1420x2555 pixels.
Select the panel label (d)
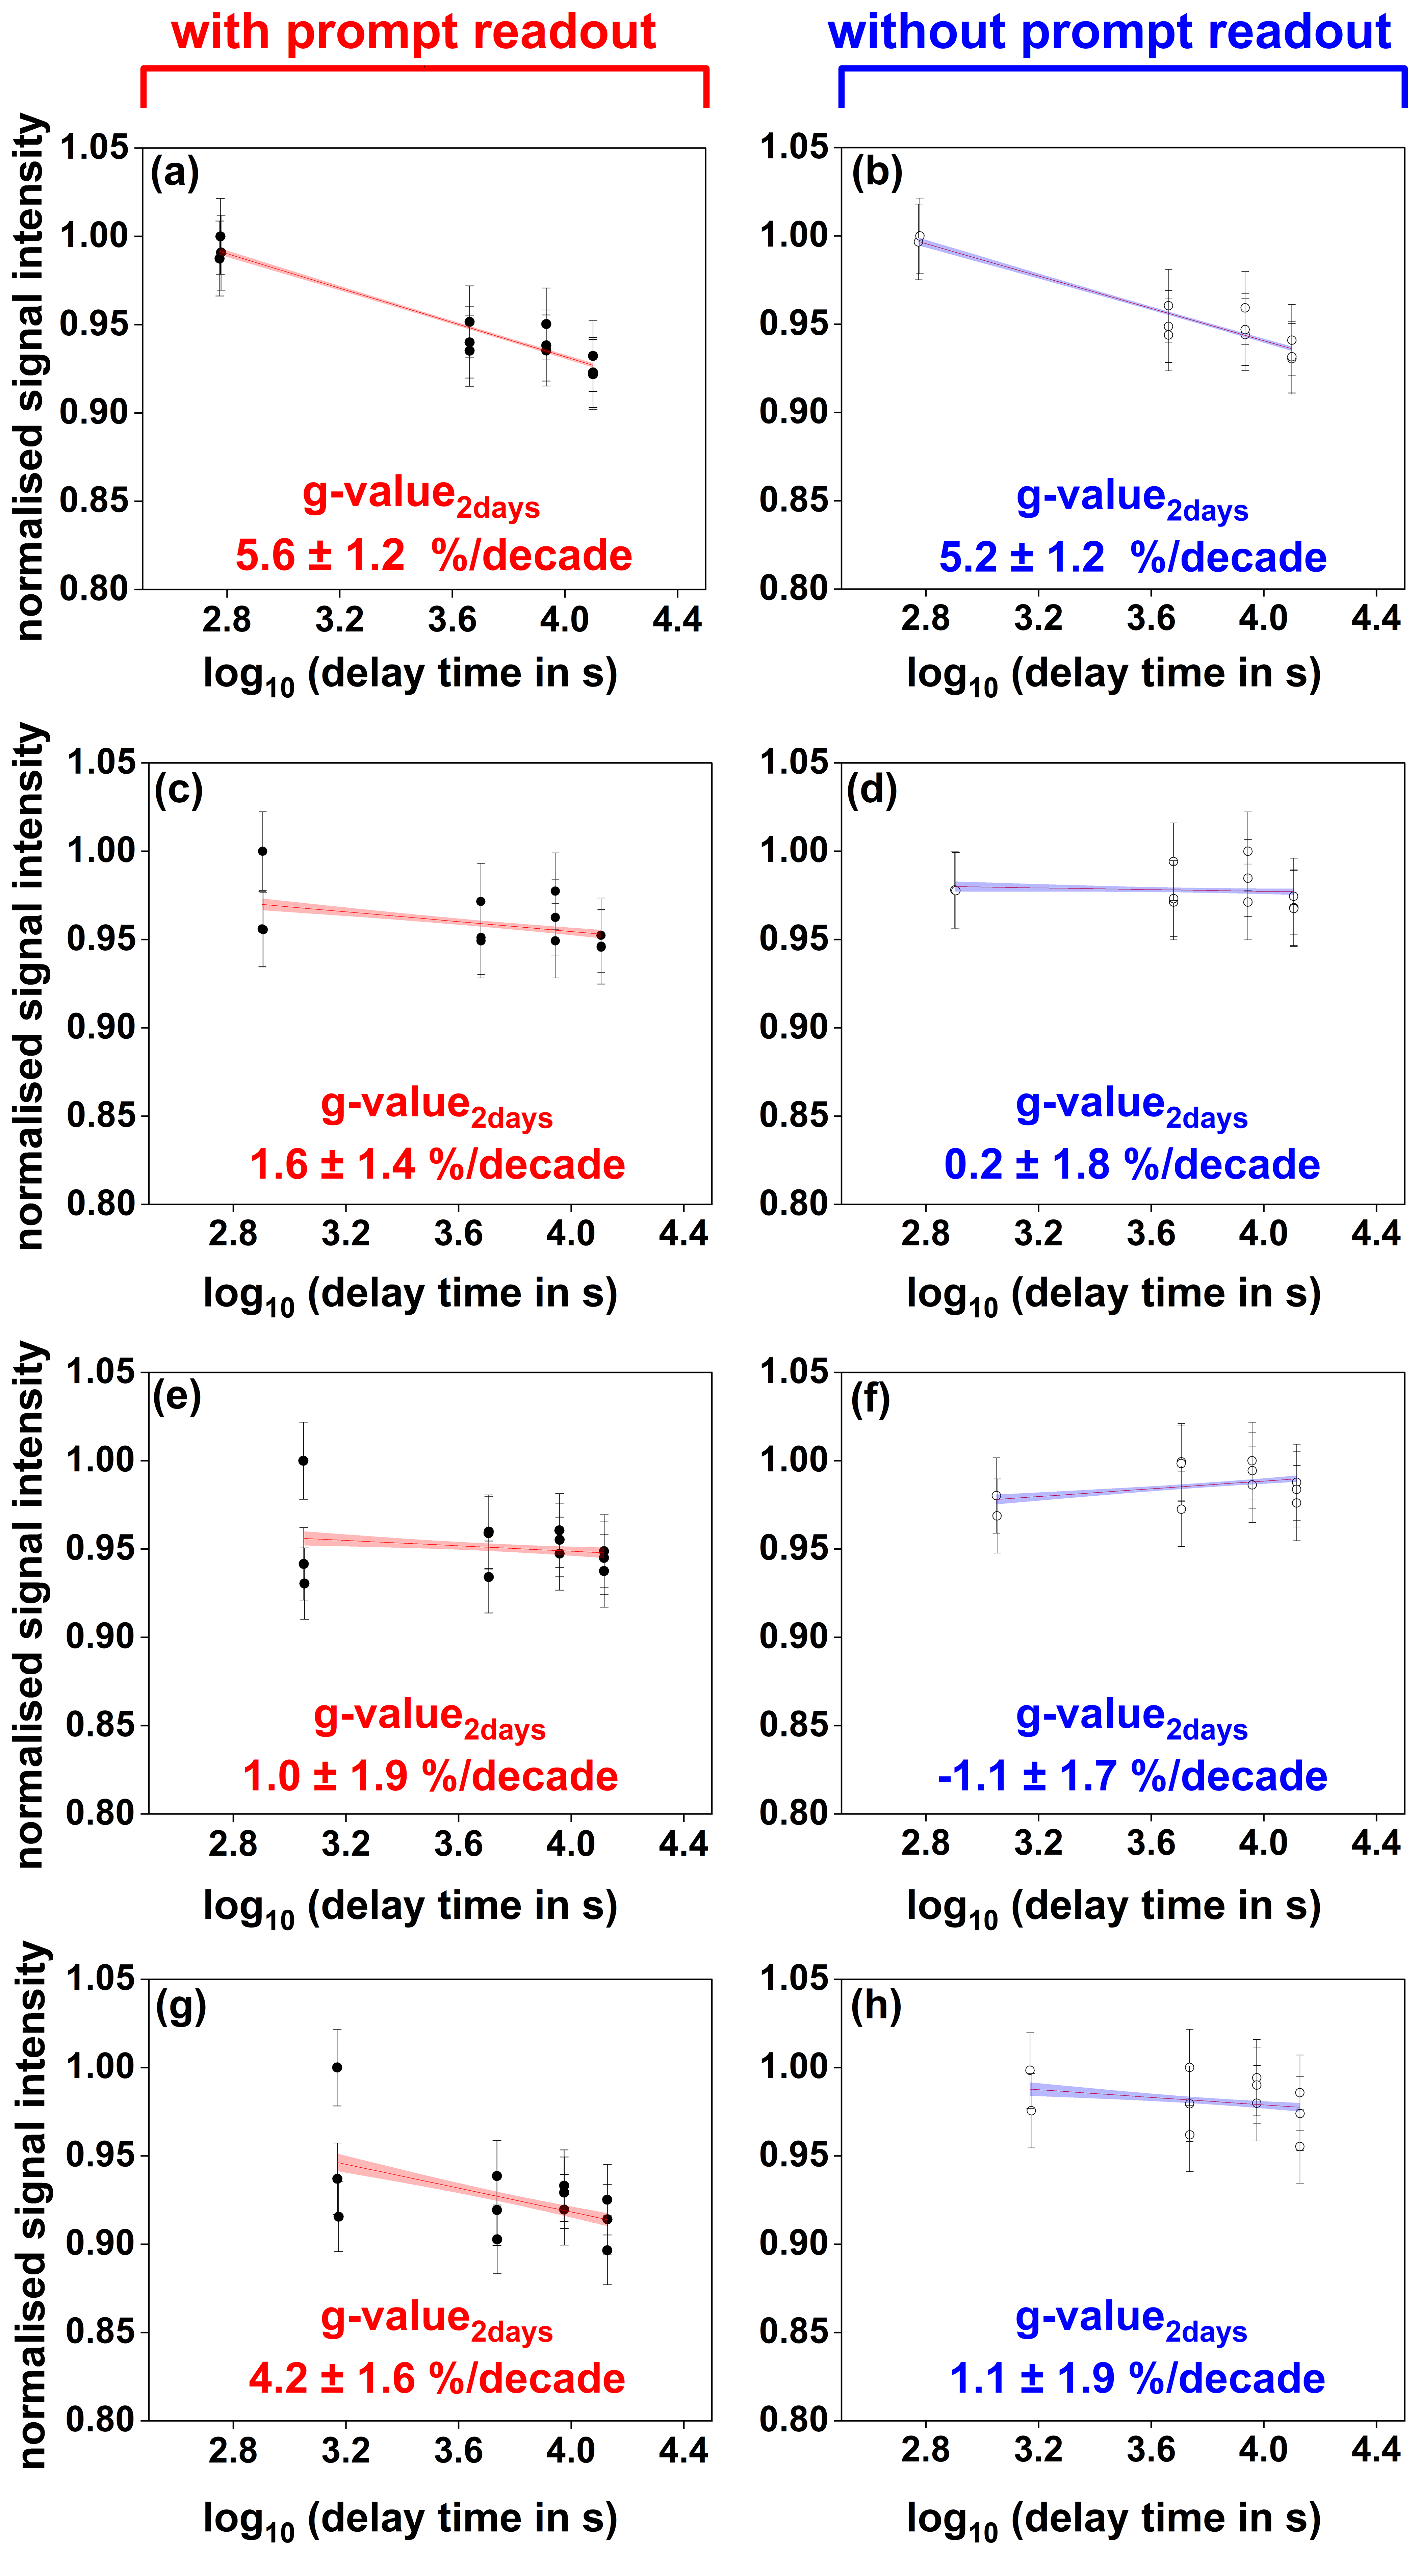(x=872, y=790)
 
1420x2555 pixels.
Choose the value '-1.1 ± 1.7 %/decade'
(x=1131, y=1775)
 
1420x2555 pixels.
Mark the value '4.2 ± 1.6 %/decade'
(x=436, y=2378)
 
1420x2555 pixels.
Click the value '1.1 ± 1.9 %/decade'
(x=1137, y=2378)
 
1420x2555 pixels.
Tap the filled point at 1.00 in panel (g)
(x=337, y=2067)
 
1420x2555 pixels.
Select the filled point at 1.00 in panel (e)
(x=304, y=1460)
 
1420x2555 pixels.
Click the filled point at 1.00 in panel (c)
(x=263, y=851)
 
